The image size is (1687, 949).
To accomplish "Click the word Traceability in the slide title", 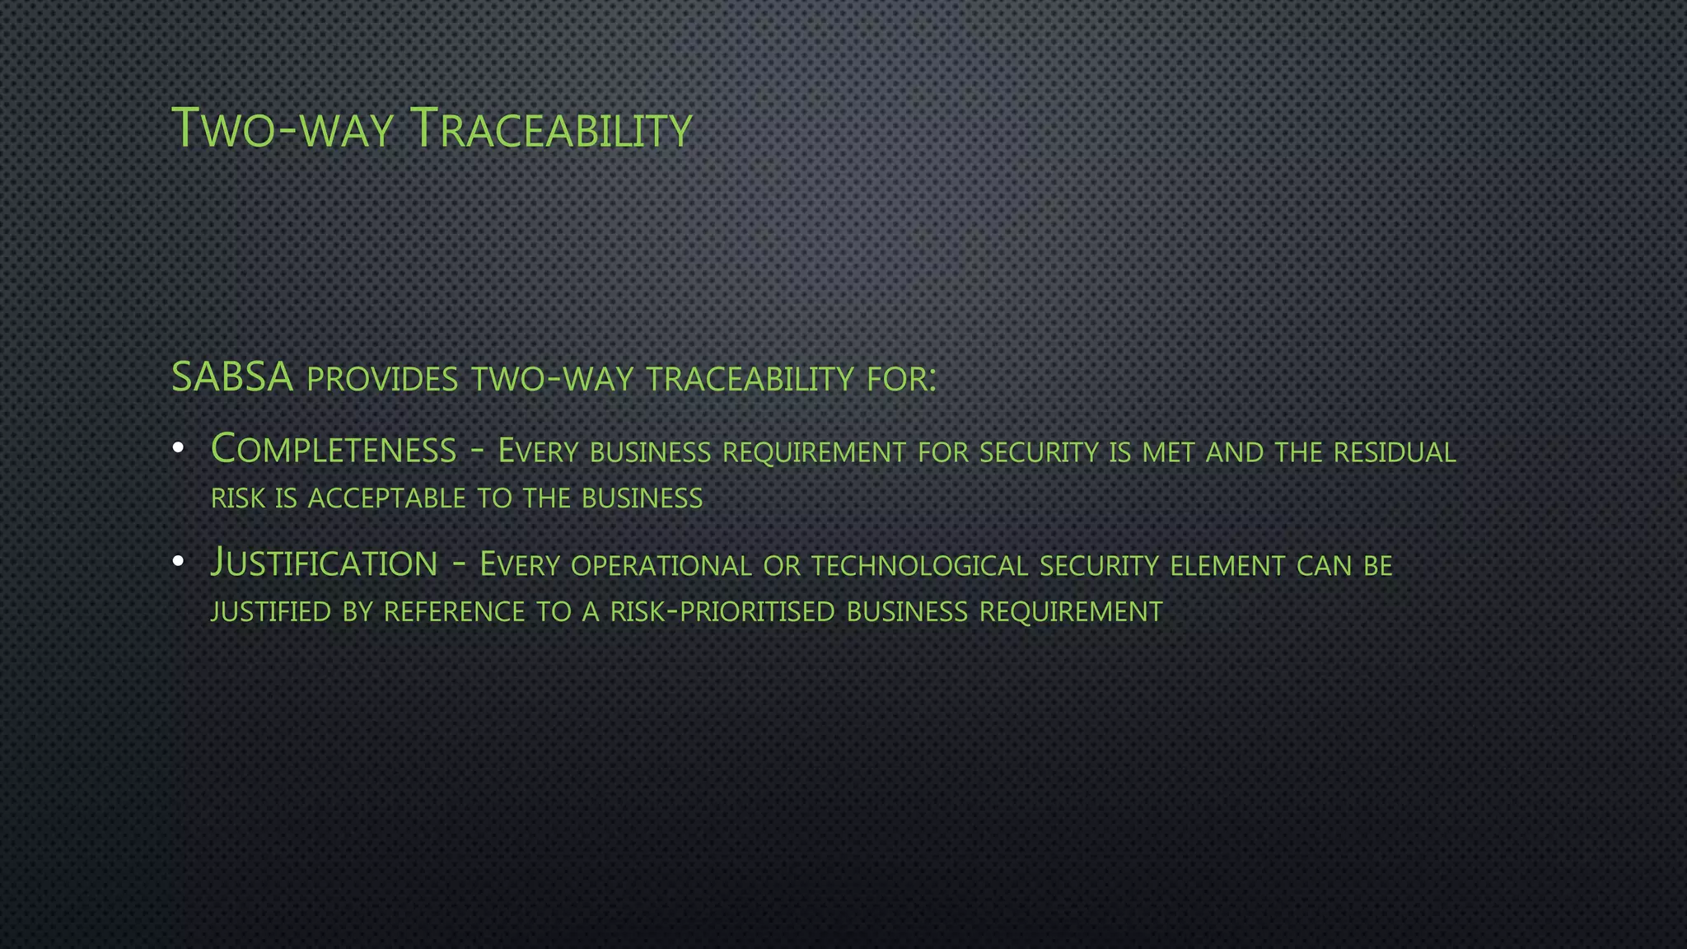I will pyautogui.click(x=550, y=129).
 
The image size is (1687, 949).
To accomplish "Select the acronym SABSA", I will pyautogui.click(x=232, y=377).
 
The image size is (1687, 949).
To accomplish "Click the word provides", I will pyautogui.click(x=382, y=380).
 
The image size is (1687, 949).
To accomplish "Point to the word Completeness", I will pyautogui.click(x=334, y=450).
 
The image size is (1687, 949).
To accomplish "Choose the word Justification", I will pyautogui.click(x=324, y=563).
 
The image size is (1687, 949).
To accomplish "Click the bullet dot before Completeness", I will pyautogui.click(x=178, y=448).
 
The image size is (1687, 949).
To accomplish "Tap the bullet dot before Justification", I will pyautogui.click(x=178, y=562).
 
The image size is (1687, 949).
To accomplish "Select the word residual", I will pyautogui.click(x=1395, y=452).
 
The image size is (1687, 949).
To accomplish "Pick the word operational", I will pyautogui.click(x=661, y=566).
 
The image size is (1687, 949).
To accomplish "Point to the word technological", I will pyautogui.click(x=919, y=566).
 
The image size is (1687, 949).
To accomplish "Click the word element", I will pyautogui.click(x=1227, y=566).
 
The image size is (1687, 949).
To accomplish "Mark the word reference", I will pyautogui.click(x=454, y=612).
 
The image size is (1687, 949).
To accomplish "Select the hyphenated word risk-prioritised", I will pyautogui.click(x=722, y=612).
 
